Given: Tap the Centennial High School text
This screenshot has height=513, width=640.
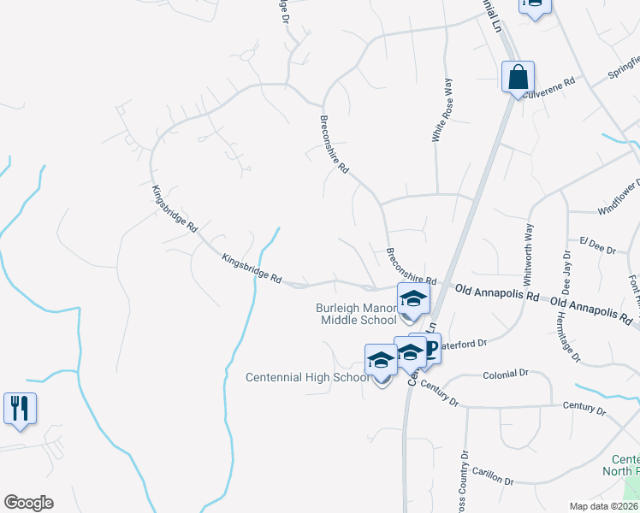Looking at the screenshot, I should point(307,377).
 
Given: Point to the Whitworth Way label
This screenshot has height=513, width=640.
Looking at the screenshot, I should point(528,254).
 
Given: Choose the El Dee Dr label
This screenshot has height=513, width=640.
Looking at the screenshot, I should point(597,246).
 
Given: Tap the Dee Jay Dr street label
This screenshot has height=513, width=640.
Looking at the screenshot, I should point(566,272).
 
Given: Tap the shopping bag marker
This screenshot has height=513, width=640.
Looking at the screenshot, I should point(519,78).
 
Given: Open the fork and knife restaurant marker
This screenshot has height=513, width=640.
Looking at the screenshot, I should point(19,408).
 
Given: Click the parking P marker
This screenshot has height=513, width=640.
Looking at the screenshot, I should point(430,349).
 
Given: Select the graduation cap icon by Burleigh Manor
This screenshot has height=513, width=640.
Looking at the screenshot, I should point(412,299).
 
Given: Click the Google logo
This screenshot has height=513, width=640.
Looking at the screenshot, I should point(28,503).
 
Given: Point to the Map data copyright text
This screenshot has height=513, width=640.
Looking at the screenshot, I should point(603,506).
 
